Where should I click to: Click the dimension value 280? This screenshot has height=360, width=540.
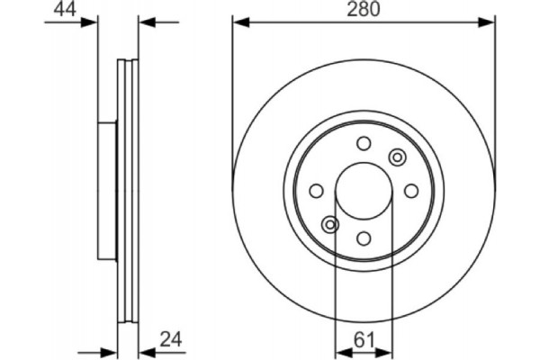[x=364, y=10]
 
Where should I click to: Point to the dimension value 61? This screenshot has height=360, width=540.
[x=363, y=340]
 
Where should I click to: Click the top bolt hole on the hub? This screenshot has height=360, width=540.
[x=364, y=143]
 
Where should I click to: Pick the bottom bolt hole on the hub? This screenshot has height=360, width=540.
[x=364, y=238]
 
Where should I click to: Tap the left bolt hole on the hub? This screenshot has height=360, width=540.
[x=316, y=191]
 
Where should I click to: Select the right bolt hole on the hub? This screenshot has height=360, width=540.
[x=411, y=191]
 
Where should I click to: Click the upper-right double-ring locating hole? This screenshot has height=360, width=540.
[x=397, y=157]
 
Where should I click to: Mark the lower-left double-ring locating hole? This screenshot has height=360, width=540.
[x=330, y=225]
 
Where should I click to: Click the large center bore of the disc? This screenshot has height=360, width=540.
[x=364, y=191]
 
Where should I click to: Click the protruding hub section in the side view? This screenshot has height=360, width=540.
[x=106, y=191]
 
